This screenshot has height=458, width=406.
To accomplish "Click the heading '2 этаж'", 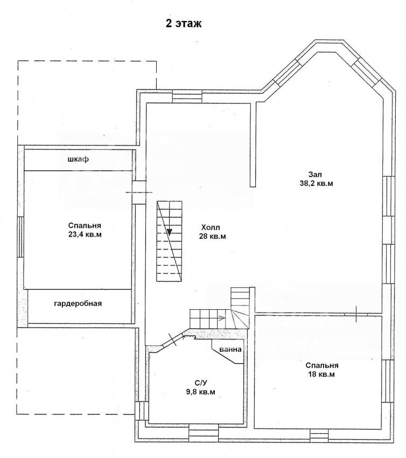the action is tap(184, 23).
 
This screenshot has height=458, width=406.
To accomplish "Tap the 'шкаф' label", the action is tap(78, 159).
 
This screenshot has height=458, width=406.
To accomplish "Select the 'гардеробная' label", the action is tap(78, 304).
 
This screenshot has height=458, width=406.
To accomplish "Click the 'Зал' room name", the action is tap(315, 175).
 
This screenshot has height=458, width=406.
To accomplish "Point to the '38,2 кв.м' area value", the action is tap(316, 183).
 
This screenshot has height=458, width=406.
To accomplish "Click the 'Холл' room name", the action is tap(211, 227).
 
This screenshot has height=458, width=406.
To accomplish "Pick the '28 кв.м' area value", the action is tap(213, 237).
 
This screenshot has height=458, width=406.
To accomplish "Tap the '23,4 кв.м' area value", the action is tap(85, 234).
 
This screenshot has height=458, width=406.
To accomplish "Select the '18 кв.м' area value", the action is tap(321, 374).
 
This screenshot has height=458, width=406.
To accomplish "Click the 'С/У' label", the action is tap(200, 383).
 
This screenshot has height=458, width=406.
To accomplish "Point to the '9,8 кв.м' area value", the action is tap(200, 392).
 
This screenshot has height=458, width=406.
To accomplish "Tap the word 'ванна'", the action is tap(230, 349).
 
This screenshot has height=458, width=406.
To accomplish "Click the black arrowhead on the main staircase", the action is tap(169, 232).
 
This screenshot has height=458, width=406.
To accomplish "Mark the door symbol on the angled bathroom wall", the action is tap(173, 339).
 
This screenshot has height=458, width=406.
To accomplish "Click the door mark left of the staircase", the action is tap(139, 192).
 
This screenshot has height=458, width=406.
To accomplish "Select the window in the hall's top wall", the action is tap(187, 96).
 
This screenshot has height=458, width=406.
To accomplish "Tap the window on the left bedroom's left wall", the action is tap(20, 237).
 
